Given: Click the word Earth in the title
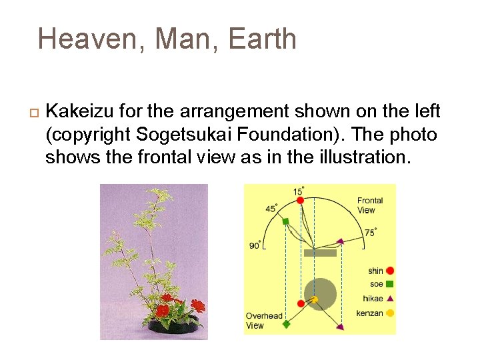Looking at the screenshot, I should (262, 39).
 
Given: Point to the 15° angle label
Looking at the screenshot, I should (298, 191).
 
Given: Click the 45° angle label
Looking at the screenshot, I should (271, 209).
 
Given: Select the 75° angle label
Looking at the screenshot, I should (371, 232).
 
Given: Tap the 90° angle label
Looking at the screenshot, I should (255, 245).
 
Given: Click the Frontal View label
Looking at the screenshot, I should (370, 205).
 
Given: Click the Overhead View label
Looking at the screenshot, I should (264, 321).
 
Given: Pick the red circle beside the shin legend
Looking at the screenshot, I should (390, 271).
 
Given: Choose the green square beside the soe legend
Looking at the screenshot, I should (390, 285).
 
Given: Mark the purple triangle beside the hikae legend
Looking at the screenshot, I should (390, 299).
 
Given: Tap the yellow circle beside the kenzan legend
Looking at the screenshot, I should (390, 313).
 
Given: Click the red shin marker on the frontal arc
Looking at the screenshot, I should (301, 200).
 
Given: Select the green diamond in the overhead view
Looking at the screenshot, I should (286, 325).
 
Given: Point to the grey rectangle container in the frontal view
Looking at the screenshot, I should (320, 253).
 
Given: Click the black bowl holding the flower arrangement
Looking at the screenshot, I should (173, 325).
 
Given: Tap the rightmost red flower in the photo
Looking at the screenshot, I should (197, 306).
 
